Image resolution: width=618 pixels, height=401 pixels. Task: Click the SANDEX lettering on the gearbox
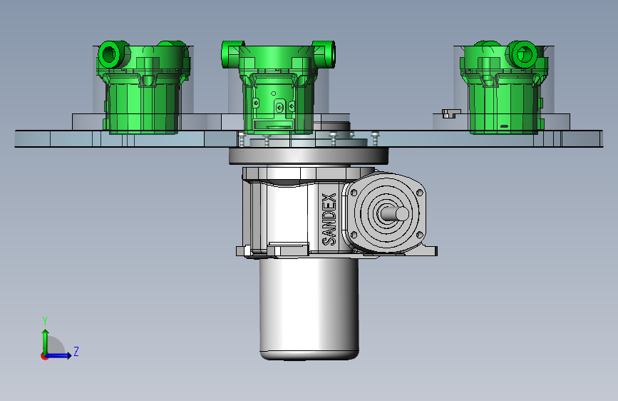pyautogui.click(x=329, y=220)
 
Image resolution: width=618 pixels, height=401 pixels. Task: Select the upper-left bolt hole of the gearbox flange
pyautogui.click(x=354, y=193)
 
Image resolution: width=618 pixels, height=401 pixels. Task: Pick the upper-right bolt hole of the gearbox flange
pyautogui.click(x=419, y=193)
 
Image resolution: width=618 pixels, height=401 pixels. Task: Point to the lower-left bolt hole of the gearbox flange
pyautogui.click(x=354, y=235)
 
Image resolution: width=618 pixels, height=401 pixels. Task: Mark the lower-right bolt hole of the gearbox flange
pyautogui.click(x=419, y=235)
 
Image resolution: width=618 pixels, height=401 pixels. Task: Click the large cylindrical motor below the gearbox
pyautogui.click(x=309, y=308)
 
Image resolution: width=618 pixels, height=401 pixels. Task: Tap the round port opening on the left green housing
pyautogui.click(x=110, y=54)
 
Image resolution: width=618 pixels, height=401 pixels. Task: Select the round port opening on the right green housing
pyautogui.click(x=524, y=54)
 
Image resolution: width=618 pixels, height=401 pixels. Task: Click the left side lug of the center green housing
pyautogui.click(x=231, y=54)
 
